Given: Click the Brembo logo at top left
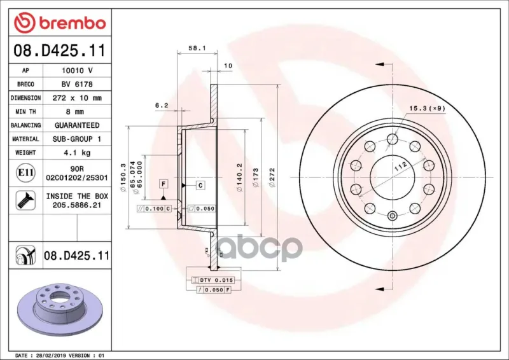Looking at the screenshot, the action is tap(60, 23).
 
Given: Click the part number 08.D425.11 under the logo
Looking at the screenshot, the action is tap(60, 50).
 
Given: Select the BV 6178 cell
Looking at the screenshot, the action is tap(77, 84).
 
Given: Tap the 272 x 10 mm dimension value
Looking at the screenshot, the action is tap(77, 98).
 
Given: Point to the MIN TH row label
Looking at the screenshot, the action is tap(25, 112).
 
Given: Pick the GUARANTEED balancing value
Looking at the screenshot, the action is tap(77, 125).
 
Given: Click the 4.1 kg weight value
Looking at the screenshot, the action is tap(77, 153).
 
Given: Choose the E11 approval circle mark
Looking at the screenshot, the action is tap(25, 172).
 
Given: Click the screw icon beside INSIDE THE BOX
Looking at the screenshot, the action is tap(25, 200).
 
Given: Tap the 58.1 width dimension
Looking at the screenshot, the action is tap(197, 48).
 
